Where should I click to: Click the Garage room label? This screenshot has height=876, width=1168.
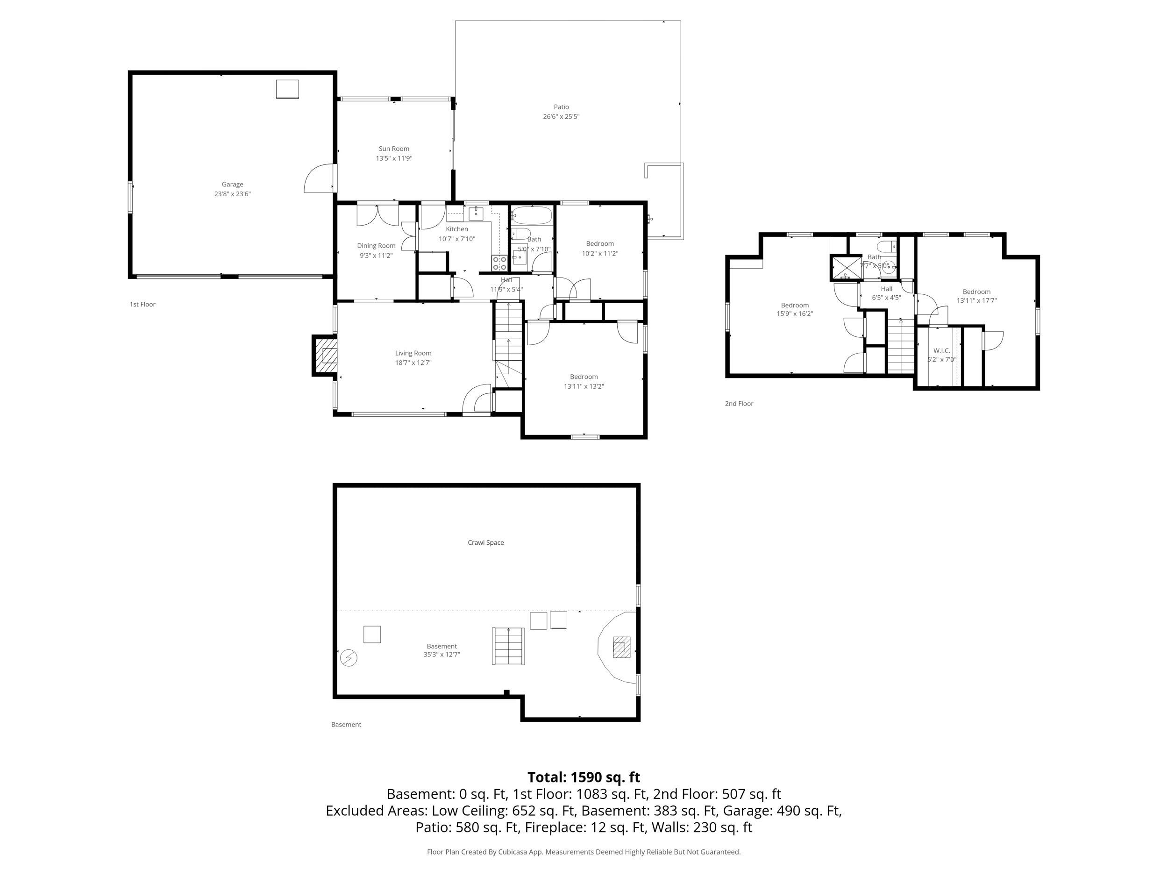[x=232, y=184]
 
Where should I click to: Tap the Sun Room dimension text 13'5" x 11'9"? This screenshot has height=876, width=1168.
[x=394, y=158]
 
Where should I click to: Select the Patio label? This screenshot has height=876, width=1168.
[x=561, y=107]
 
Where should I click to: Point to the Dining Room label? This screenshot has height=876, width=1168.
[x=376, y=246]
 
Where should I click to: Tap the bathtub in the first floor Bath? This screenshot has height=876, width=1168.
[x=532, y=215]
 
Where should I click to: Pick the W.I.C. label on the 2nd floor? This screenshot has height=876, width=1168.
[x=941, y=350]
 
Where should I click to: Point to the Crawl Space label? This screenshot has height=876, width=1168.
[x=486, y=542]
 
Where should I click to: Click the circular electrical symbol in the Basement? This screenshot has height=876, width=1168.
[x=349, y=658]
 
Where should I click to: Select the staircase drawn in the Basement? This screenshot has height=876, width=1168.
[x=508, y=646]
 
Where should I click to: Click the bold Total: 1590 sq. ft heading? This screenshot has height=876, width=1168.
[x=584, y=777]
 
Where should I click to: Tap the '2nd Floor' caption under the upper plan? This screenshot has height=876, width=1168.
[x=739, y=403]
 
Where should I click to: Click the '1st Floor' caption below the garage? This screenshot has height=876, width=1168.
[x=142, y=304]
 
